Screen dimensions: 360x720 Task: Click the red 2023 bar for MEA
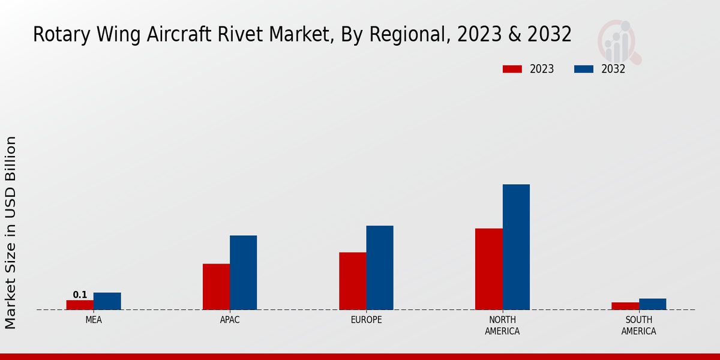point(80,305)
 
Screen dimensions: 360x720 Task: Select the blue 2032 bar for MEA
point(107,301)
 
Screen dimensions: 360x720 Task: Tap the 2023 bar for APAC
point(216,287)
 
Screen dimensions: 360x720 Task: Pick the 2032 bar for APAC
point(243,272)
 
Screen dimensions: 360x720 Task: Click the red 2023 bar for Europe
point(352,281)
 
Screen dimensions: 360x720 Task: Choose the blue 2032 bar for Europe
point(380,268)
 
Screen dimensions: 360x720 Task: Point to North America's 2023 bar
point(488,269)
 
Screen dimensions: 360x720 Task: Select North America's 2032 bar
point(516,247)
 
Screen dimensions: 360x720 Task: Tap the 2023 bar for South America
point(625,306)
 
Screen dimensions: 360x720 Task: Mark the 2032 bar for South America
point(652,304)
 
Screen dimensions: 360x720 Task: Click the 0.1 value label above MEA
point(80,295)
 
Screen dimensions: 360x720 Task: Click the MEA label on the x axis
point(94,320)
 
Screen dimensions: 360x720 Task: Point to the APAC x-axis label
point(230,320)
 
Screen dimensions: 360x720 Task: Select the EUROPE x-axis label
point(366,320)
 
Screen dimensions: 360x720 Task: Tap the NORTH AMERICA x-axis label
point(502,325)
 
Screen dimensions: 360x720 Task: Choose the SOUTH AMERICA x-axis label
point(638,325)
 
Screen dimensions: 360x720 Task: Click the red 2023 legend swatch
point(512,69)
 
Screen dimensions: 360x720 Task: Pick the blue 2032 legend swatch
point(584,69)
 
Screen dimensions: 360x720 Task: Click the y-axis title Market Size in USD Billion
point(11,232)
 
